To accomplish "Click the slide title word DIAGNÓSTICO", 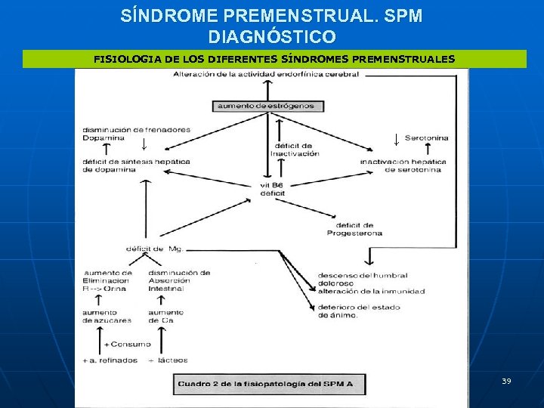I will click(x=272, y=36).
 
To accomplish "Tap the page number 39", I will click(x=506, y=381).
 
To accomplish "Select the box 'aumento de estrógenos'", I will click(x=265, y=107).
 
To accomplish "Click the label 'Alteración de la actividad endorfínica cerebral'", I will click(x=266, y=74).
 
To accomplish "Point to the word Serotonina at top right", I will click(x=426, y=138).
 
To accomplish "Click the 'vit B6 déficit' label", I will click(x=271, y=190).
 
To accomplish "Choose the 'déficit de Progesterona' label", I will click(x=354, y=229).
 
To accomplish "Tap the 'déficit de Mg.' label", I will click(x=154, y=249).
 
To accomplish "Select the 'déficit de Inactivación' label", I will click(x=295, y=150).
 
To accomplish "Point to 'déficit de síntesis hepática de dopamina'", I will click(x=136, y=165).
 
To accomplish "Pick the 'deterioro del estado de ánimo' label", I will click(x=358, y=311).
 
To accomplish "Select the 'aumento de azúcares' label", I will click(x=107, y=317).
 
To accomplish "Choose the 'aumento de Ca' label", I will click(x=165, y=317).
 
